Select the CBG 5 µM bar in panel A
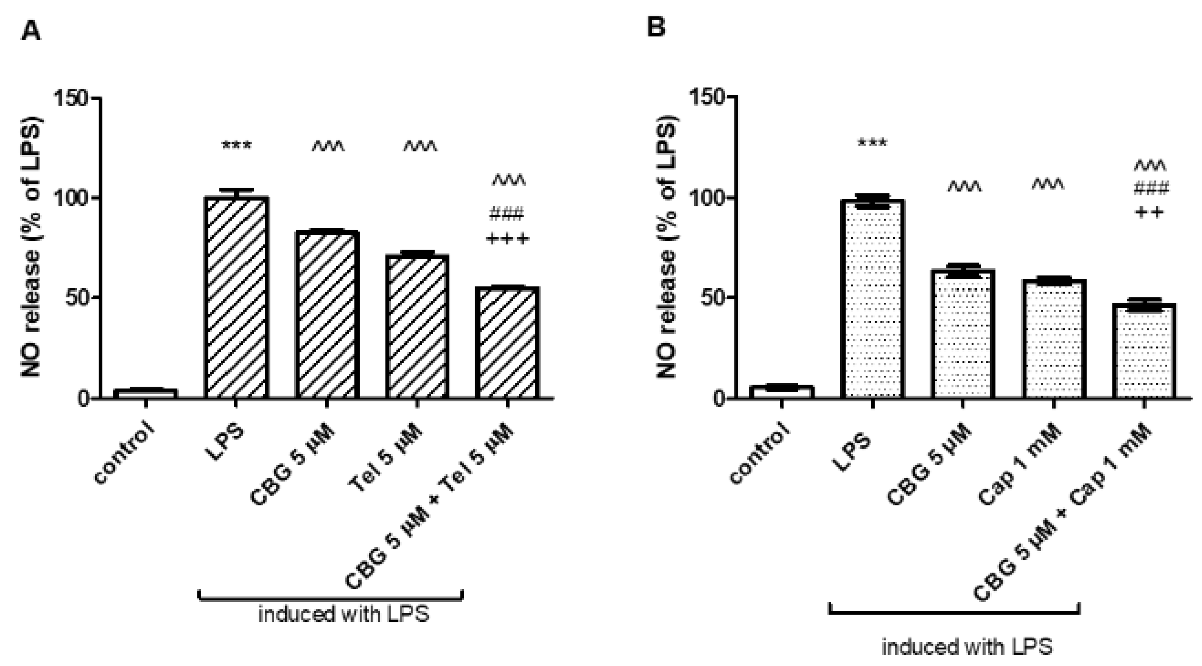[x=327, y=315]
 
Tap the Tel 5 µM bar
[x=417, y=326]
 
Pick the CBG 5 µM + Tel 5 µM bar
[x=508, y=342]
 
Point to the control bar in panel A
[x=145, y=393]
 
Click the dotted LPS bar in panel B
[x=873, y=299]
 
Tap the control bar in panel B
[x=781, y=392]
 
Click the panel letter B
[x=656, y=28]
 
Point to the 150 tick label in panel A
[x=71, y=99]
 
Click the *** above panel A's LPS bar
[x=237, y=146]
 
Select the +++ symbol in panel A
[x=508, y=239]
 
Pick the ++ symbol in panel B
[x=1149, y=213]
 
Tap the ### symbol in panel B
[x=1151, y=189]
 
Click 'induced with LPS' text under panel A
[x=344, y=614]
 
